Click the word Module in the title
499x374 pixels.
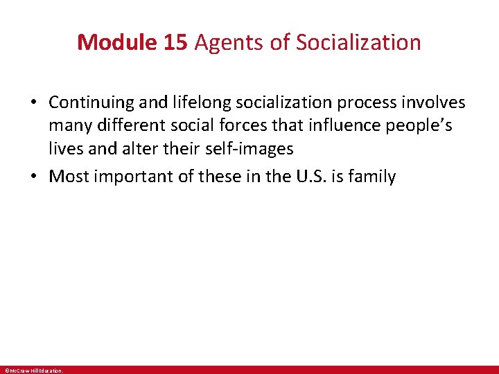(x=119, y=42)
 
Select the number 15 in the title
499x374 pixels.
(x=176, y=42)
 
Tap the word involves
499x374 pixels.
(x=437, y=103)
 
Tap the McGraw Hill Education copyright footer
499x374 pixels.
(x=33, y=371)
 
